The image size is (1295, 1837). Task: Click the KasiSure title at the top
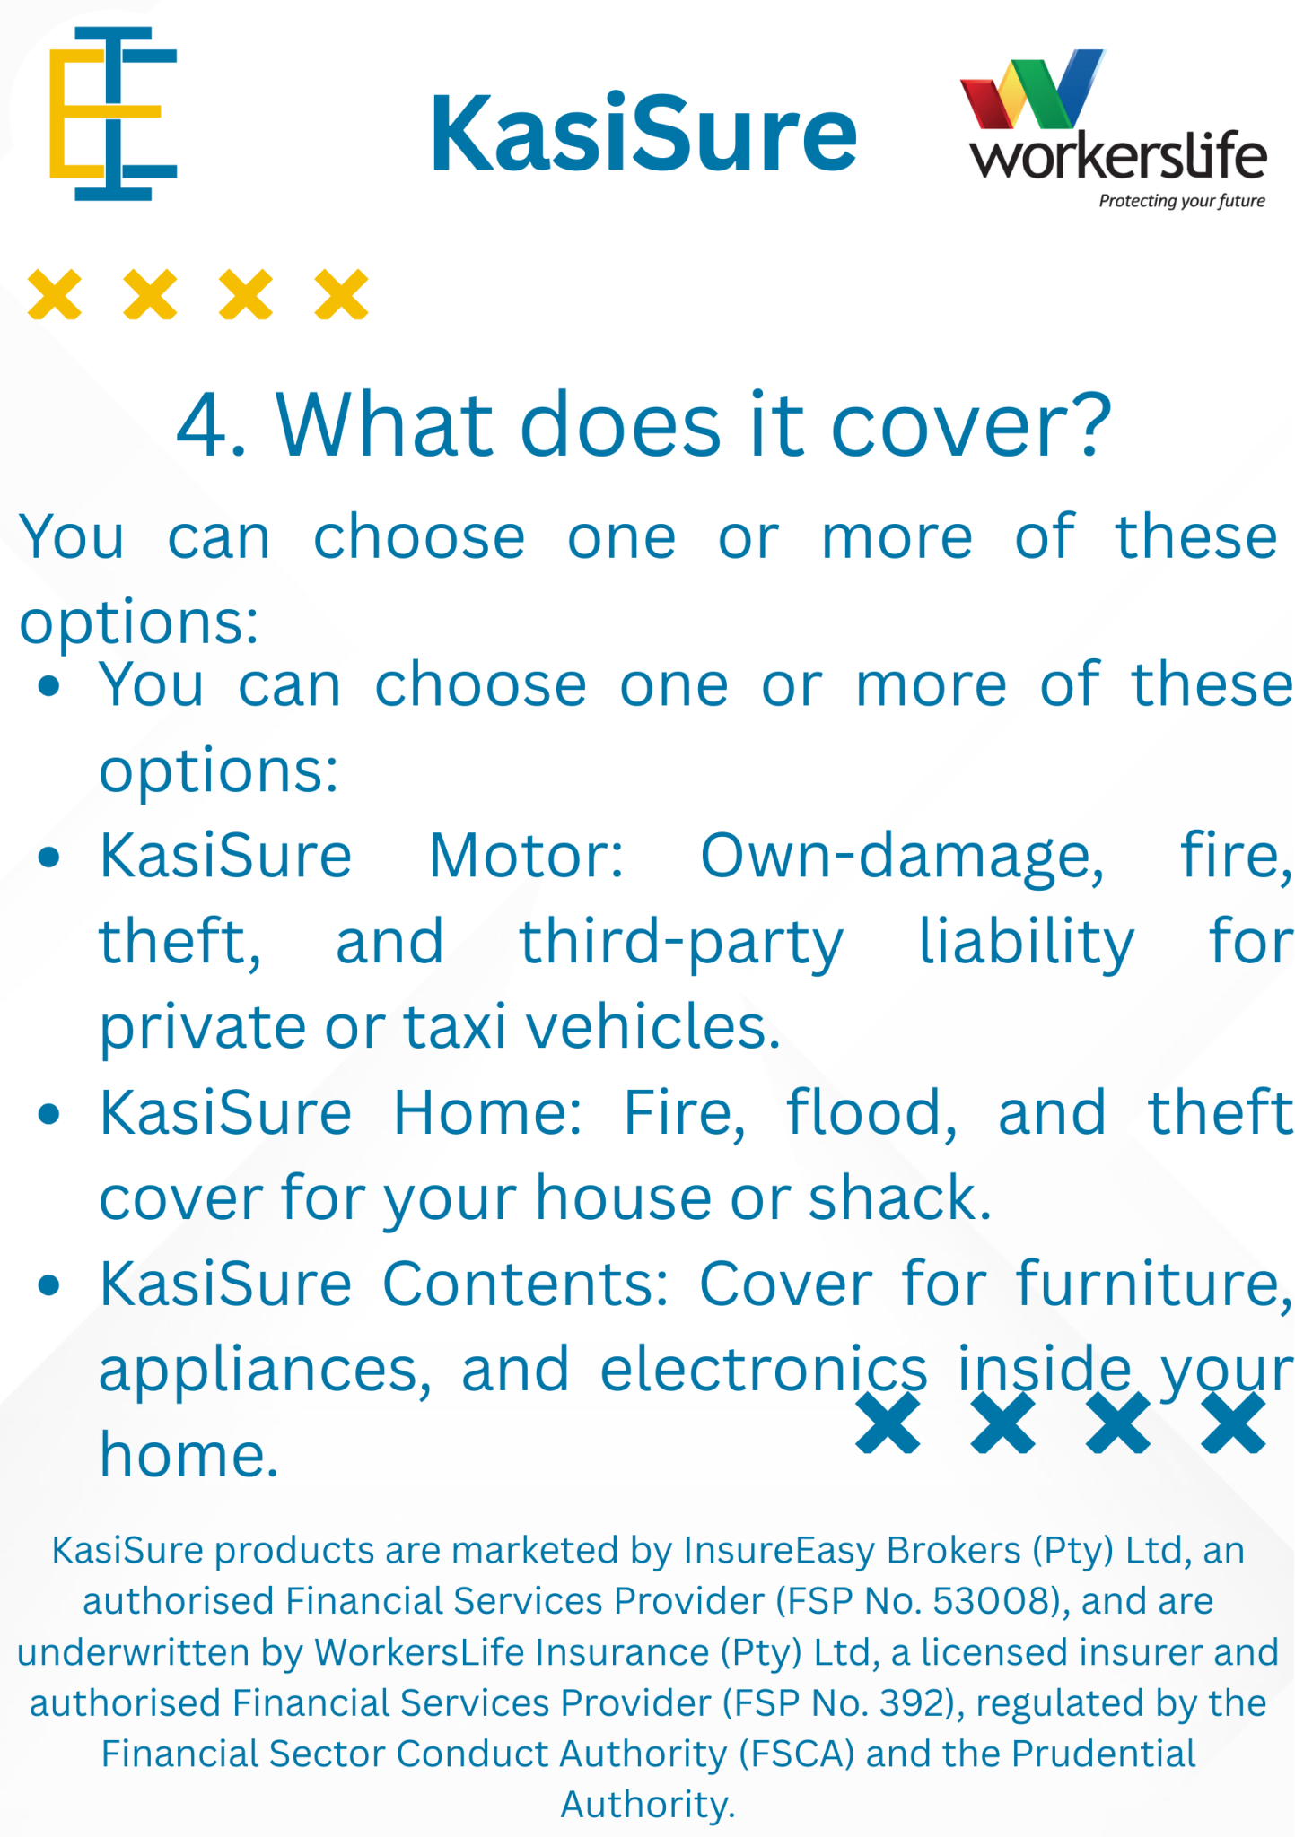click(x=643, y=135)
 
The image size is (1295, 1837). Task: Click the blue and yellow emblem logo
click(x=113, y=113)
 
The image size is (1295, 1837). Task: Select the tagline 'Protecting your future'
click(x=1182, y=201)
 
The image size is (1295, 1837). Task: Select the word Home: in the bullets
click(x=488, y=1112)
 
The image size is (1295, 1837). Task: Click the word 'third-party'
click(x=682, y=943)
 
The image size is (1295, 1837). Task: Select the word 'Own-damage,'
click(x=902, y=858)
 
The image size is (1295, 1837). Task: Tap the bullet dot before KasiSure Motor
click(x=49, y=858)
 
